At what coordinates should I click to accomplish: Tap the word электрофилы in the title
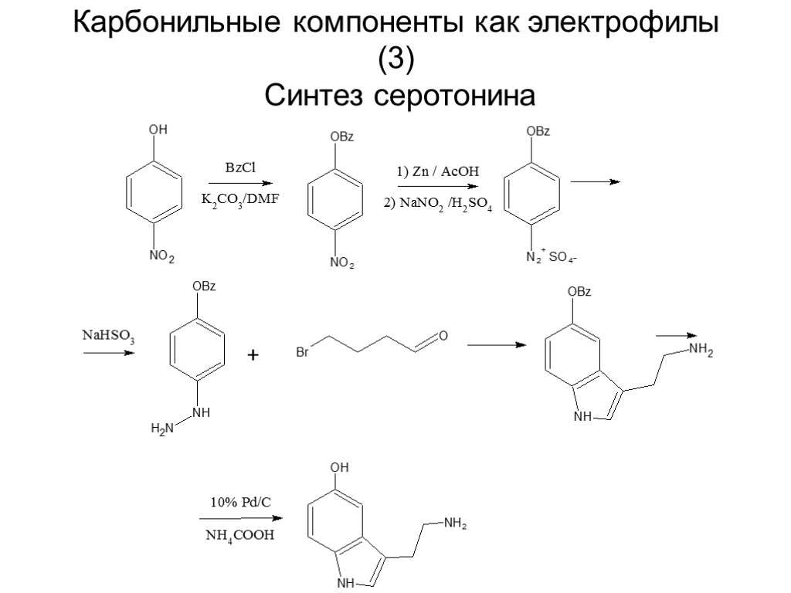click(x=623, y=23)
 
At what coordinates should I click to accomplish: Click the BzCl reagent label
click(x=239, y=168)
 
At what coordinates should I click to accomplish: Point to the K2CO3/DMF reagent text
click(x=239, y=200)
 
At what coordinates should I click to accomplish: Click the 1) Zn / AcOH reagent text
click(x=433, y=171)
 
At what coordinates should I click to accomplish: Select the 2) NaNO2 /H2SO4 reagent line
click(x=437, y=205)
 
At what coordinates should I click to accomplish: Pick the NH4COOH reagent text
click(x=239, y=534)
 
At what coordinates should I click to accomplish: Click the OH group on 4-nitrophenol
click(x=158, y=131)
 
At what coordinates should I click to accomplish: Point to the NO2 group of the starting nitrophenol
click(x=161, y=256)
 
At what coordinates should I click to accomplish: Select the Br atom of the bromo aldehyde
click(x=304, y=354)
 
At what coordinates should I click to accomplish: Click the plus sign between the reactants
click(x=253, y=355)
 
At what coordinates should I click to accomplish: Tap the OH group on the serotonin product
click(x=340, y=468)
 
